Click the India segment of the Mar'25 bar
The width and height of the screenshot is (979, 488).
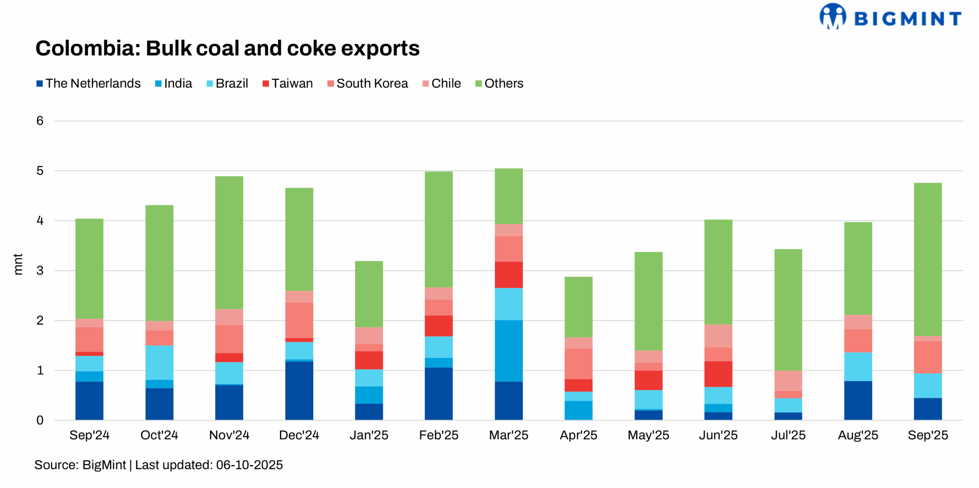[508, 350]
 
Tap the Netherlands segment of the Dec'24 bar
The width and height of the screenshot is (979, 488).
[299, 390]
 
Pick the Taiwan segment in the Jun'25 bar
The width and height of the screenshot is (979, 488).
[718, 374]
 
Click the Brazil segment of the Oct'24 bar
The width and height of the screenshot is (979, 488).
[159, 362]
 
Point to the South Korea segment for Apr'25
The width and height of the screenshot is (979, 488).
[578, 363]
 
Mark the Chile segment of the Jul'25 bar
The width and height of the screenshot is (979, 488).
[788, 380]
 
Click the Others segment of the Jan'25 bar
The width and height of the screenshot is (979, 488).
[369, 294]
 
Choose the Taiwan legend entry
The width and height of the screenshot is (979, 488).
[288, 83]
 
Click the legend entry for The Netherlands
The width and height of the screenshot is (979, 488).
[88, 83]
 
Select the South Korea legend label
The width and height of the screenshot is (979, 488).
[368, 83]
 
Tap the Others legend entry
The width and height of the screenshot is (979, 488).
[499, 83]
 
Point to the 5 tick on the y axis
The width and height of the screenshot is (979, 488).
[40, 170]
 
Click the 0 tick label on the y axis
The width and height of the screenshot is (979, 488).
[40, 420]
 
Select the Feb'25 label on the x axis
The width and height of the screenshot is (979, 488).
[439, 435]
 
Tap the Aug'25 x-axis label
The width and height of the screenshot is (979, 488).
[858, 435]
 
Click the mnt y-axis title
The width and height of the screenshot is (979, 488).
[18, 264]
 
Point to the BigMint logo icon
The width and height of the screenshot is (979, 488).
[832, 16]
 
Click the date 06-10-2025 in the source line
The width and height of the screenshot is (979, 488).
[249, 465]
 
